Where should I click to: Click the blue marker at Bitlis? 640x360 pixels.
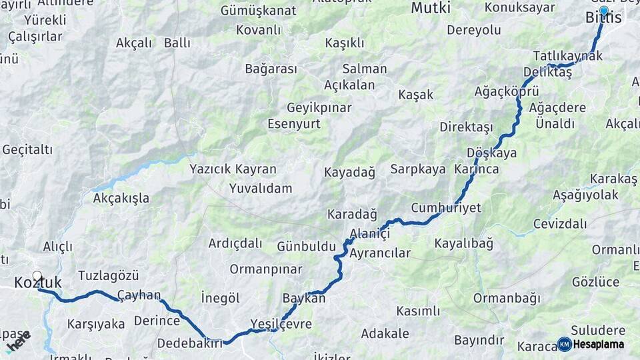click(603, 11)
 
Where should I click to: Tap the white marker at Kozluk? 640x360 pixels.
click(37, 276)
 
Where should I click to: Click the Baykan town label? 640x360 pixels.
click(304, 298)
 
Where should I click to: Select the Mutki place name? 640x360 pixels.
click(430, 8)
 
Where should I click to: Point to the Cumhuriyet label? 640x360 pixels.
click(446, 208)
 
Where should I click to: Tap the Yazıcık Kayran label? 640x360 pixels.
click(233, 169)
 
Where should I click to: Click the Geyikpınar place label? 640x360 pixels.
click(319, 108)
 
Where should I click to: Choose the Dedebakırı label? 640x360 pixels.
click(190, 344)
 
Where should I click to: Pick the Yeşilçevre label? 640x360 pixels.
click(281, 324)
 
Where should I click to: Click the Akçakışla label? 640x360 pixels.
click(121, 198)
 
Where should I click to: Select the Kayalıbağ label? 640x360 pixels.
click(464, 243)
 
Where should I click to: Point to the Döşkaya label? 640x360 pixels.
click(492, 153)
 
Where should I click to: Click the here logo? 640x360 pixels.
click(19, 341)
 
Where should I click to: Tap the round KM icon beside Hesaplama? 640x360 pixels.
click(564, 344)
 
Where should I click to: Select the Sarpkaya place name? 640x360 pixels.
click(418, 169)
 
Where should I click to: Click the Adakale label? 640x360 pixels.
click(385, 333)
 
